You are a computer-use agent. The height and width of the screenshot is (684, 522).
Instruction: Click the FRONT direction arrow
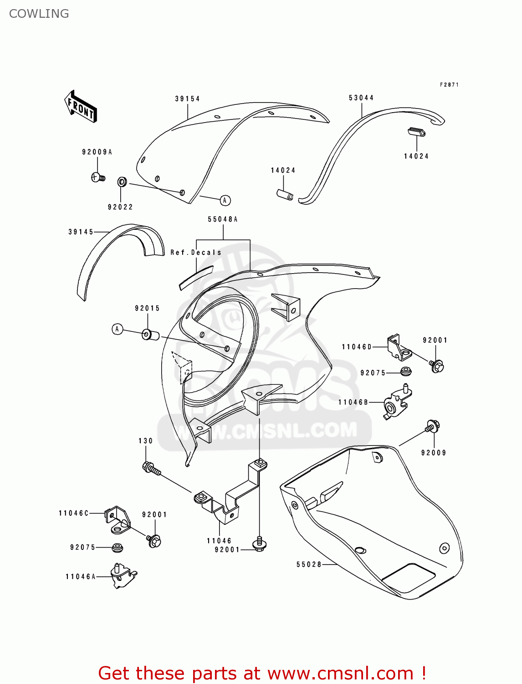[x=81, y=106]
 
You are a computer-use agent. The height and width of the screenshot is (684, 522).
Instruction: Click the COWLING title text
[x=39, y=14]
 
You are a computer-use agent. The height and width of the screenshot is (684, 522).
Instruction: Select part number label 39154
[x=187, y=98]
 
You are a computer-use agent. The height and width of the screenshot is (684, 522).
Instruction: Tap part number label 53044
[x=361, y=98]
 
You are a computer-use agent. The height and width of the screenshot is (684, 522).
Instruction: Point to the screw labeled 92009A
[x=98, y=177]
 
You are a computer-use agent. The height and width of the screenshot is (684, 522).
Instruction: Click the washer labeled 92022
[x=122, y=182]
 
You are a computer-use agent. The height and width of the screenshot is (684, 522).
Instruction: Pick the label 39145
[x=81, y=232]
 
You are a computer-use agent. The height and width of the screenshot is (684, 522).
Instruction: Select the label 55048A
[x=223, y=219]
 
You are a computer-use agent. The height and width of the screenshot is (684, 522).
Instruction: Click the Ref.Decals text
[x=196, y=252]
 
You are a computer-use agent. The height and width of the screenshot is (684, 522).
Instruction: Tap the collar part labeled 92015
[x=150, y=335]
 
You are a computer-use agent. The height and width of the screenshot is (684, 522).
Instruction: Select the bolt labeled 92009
[x=432, y=426]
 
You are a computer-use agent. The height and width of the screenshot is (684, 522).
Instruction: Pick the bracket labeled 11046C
[x=118, y=520]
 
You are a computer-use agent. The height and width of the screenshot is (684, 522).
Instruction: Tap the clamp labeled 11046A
[x=122, y=576]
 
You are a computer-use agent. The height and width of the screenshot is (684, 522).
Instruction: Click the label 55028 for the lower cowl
[x=309, y=565]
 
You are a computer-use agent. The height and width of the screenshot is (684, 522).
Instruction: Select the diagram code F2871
[x=449, y=85]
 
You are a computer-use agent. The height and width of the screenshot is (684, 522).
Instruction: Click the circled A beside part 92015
[x=118, y=329]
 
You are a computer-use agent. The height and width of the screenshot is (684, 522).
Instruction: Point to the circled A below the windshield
[x=225, y=200]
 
